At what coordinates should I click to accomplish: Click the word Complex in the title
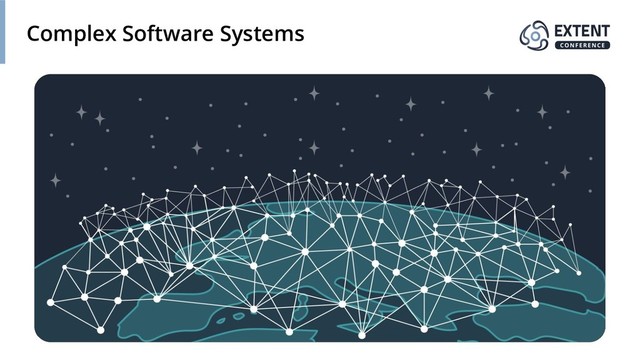click(69, 35)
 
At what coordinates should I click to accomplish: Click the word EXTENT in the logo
click(581, 30)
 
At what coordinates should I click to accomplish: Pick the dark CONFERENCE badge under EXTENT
click(581, 45)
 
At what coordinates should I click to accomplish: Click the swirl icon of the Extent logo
click(535, 35)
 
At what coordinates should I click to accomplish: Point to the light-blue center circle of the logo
click(535, 36)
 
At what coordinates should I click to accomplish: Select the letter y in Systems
click(241, 37)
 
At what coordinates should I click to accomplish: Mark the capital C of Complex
click(34, 34)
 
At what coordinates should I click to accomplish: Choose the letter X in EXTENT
click(569, 30)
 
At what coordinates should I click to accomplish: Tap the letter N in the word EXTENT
click(596, 30)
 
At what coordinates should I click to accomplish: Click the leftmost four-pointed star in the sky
click(55, 181)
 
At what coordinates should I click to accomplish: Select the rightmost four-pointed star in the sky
click(565, 172)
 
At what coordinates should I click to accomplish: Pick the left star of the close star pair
click(82, 113)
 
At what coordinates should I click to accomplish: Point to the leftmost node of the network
click(50, 300)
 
